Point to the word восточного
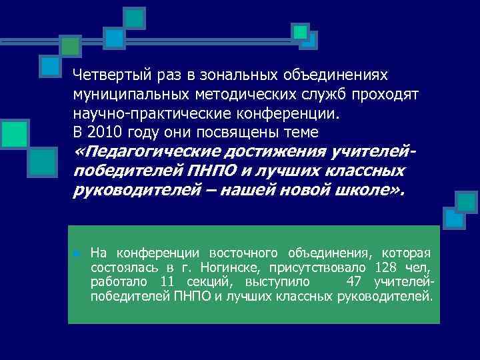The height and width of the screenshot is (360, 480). click(x=245, y=253)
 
